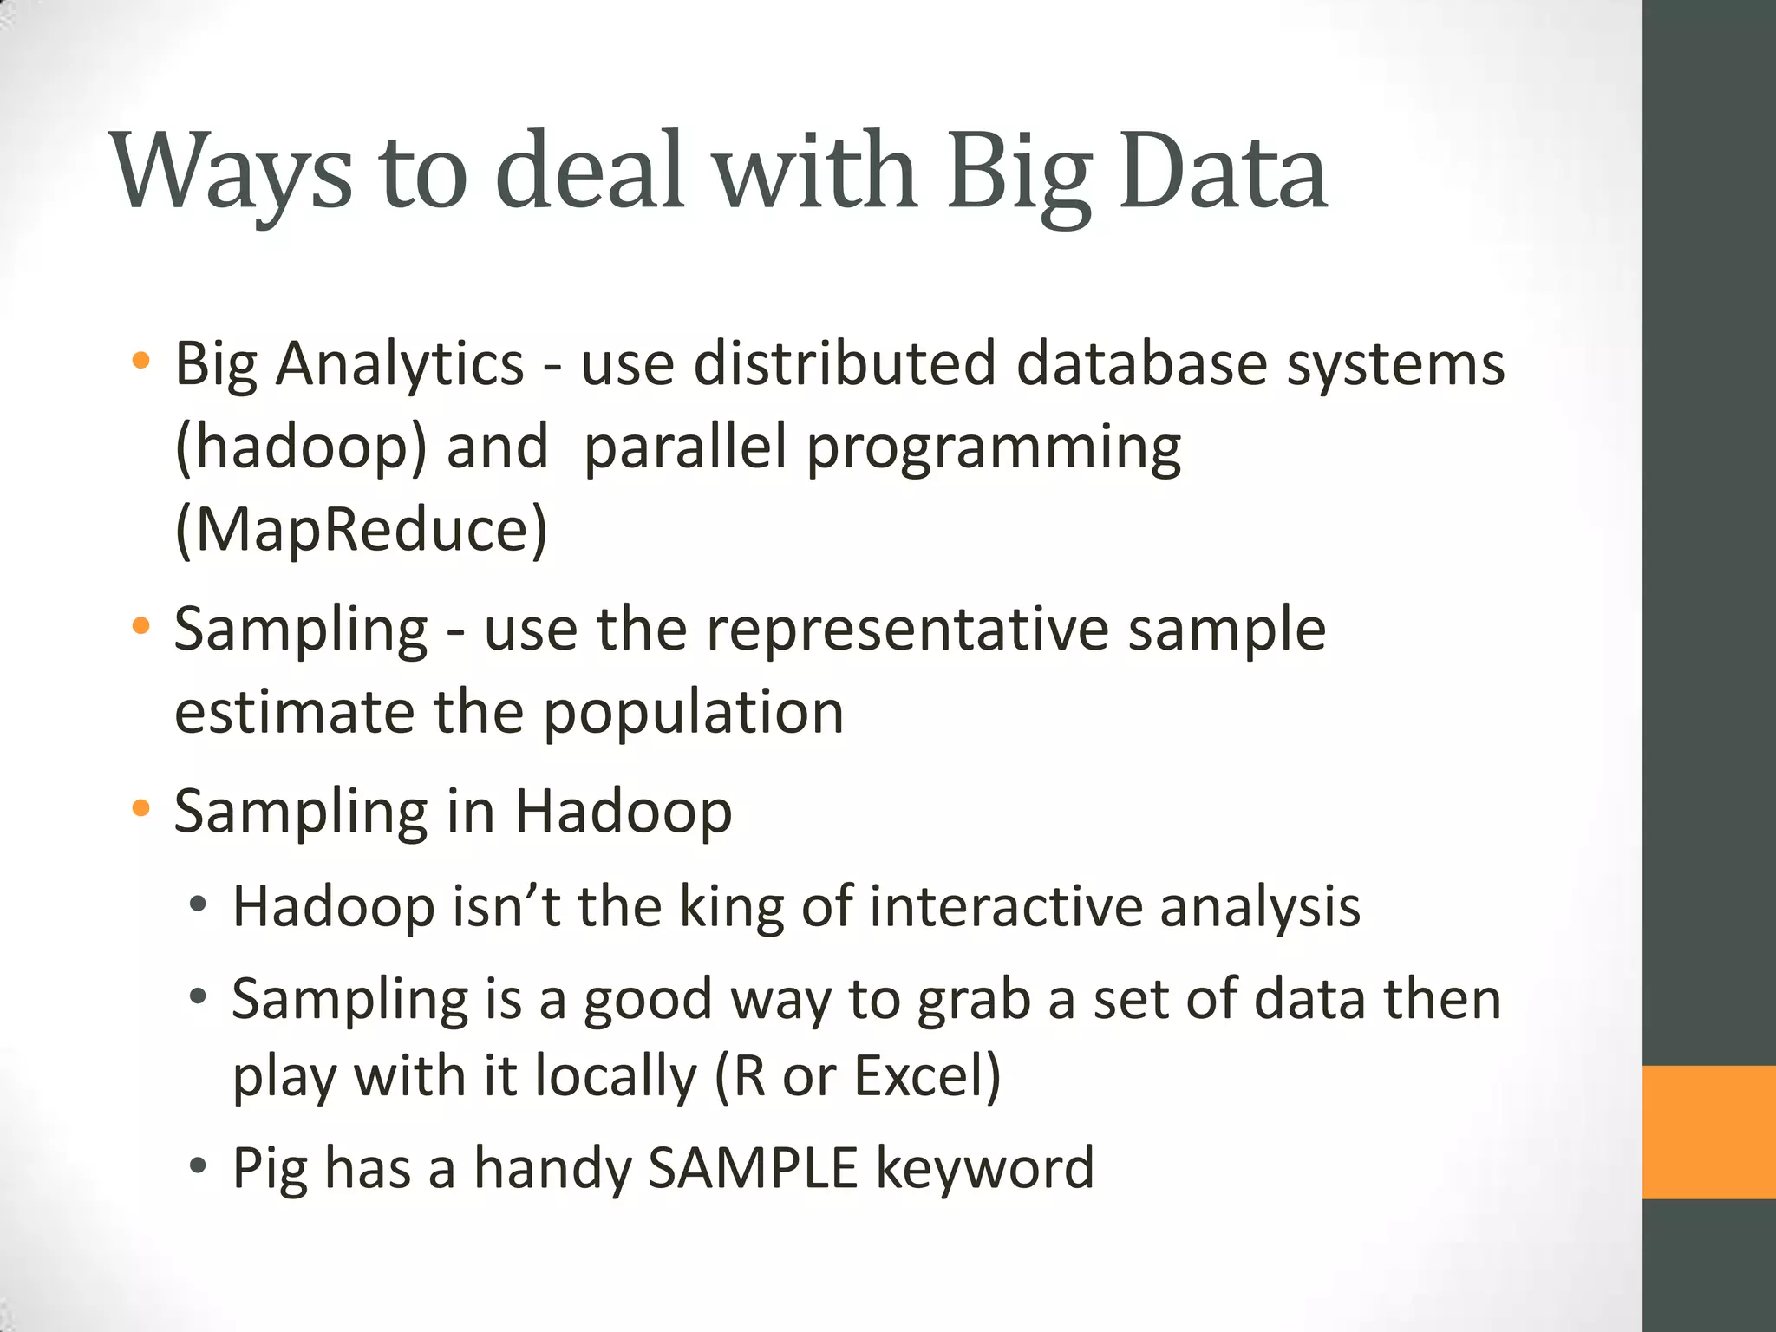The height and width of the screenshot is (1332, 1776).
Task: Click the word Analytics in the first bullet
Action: pyautogui.click(x=400, y=364)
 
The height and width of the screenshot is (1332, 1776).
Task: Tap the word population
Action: pyautogui.click(x=693, y=714)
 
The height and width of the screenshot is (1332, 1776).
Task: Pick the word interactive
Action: pyautogui.click(x=1005, y=907)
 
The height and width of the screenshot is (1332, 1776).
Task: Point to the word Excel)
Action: pyautogui.click(x=927, y=1076)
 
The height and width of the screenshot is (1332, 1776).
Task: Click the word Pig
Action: pyautogui.click(x=270, y=1169)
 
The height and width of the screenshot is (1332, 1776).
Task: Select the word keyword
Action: pyautogui.click(x=984, y=1169)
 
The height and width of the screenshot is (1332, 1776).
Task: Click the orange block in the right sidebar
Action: pyautogui.click(x=1709, y=1133)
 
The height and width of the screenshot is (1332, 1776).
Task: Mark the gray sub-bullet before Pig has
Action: pyautogui.click(x=199, y=1165)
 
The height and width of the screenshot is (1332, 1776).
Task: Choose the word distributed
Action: pyautogui.click(x=845, y=364)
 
